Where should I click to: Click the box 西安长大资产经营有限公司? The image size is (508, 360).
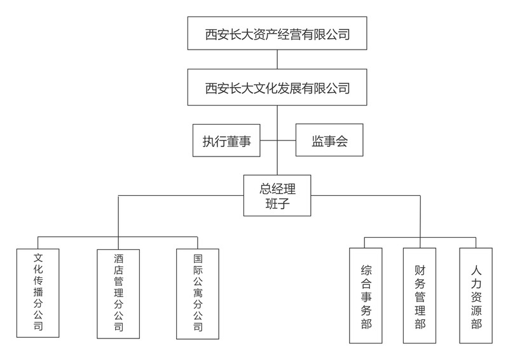(x=278, y=34)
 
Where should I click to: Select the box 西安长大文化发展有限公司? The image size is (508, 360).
(x=278, y=88)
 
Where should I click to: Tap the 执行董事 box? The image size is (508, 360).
(x=226, y=141)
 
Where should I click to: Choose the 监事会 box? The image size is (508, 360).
(x=329, y=141)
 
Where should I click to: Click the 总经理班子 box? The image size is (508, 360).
(x=278, y=196)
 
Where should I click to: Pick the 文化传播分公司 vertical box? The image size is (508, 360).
(x=38, y=293)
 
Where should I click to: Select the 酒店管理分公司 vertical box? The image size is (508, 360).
(x=118, y=293)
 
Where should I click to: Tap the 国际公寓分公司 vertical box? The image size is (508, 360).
(x=198, y=293)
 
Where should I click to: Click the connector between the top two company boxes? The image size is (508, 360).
(x=278, y=60)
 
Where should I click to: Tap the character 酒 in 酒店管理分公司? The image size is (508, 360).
(x=118, y=259)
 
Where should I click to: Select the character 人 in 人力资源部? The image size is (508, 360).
(x=476, y=270)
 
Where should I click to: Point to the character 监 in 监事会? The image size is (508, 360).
(x=317, y=141)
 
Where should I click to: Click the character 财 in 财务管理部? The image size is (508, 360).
(x=420, y=270)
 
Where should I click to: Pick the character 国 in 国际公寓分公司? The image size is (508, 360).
(x=198, y=259)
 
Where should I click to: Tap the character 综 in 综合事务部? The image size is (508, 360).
(x=366, y=270)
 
